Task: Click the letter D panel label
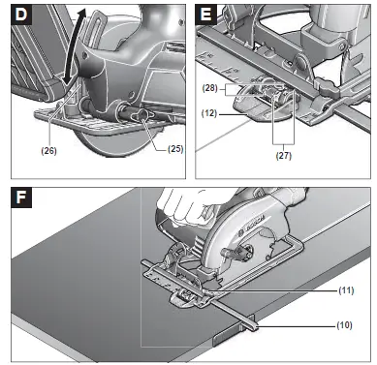point(21,15)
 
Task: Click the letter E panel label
point(205,15)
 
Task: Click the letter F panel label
point(21,198)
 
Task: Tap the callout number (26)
point(48,150)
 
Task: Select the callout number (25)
point(175,149)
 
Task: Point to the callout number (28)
point(209,88)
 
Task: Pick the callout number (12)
point(209,113)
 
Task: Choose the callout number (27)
point(284,156)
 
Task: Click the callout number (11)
point(346,290)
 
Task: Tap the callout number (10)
point(344,325)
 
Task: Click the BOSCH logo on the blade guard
point(251,226)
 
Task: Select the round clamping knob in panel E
point(326,85)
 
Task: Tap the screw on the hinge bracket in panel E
point(340,47)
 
